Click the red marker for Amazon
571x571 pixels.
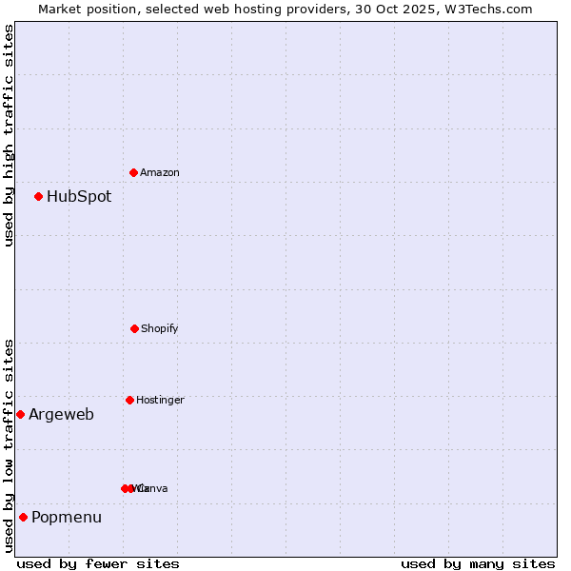[x=134, y=172]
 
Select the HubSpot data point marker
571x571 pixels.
[x=39, y=196]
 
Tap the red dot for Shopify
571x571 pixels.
[x=134, y=328]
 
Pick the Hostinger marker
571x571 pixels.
[x=129, y=400]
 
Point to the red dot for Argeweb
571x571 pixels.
[x=20, y=414]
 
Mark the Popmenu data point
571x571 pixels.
[x=23, y=517]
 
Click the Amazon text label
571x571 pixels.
[x=160, y=172]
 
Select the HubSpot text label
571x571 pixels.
[x=79, y=197]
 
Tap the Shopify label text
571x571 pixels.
[x=160, y=328]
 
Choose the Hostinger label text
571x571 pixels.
[x=160, y=400]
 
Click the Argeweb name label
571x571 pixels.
[x=61, y=414]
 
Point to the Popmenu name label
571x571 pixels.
[x=67, y=517]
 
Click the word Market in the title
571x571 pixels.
[x=61, y=9]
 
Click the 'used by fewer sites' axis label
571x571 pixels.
[x=98, y=563]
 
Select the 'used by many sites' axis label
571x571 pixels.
[x=478, y=563]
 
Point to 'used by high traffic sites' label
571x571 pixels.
[x=9, y=135]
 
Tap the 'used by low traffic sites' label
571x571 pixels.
[x=9, y=445]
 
